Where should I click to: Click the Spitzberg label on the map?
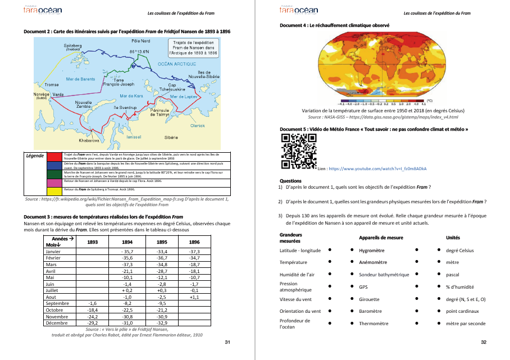73,45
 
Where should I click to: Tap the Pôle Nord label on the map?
140,41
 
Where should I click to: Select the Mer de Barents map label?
80,79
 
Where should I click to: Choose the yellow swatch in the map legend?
54,189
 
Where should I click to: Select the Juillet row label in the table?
53,290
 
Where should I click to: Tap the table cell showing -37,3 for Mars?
127,264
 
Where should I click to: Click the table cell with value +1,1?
194,297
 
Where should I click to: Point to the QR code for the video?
297,152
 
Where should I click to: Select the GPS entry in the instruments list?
363,287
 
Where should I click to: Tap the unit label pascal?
453,275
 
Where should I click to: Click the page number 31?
227,343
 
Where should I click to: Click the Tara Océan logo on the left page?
44,11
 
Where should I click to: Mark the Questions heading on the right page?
290,181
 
